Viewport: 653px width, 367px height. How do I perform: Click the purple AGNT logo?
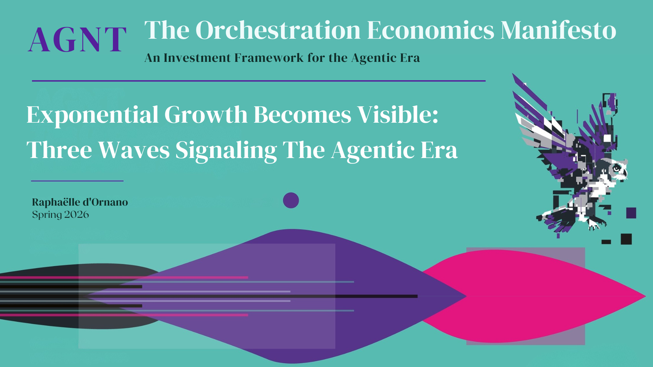coord(77,40)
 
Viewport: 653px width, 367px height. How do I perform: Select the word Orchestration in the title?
coord(278,30)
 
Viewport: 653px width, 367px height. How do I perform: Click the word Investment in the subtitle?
coord(197,58)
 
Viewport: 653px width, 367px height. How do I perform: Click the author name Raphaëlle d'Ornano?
coord(80,202)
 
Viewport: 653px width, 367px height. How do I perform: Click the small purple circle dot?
coord(291,200)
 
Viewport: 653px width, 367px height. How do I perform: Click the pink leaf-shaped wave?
coord(534,296)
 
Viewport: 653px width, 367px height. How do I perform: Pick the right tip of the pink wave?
coord(646,296)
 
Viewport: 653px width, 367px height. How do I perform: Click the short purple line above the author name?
coord(77,181)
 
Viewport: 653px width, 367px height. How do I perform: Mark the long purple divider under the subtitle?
coord(259,81)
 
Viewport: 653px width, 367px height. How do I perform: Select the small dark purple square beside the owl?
coord(631,213)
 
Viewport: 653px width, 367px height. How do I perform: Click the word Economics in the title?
coord(431,30)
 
